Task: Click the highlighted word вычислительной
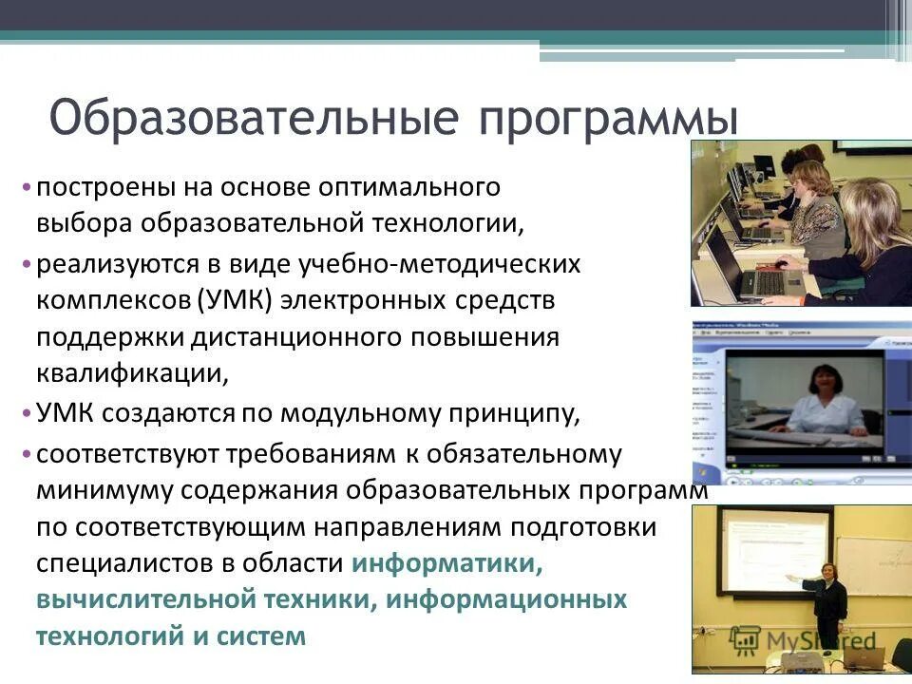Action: coord(147,599)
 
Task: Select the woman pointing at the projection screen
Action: coord(830,598)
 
